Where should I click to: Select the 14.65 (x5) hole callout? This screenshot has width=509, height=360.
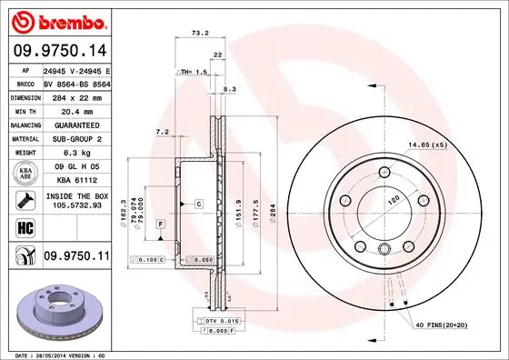point(430,145)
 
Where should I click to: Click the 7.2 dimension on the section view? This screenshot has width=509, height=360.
point(163,133)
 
